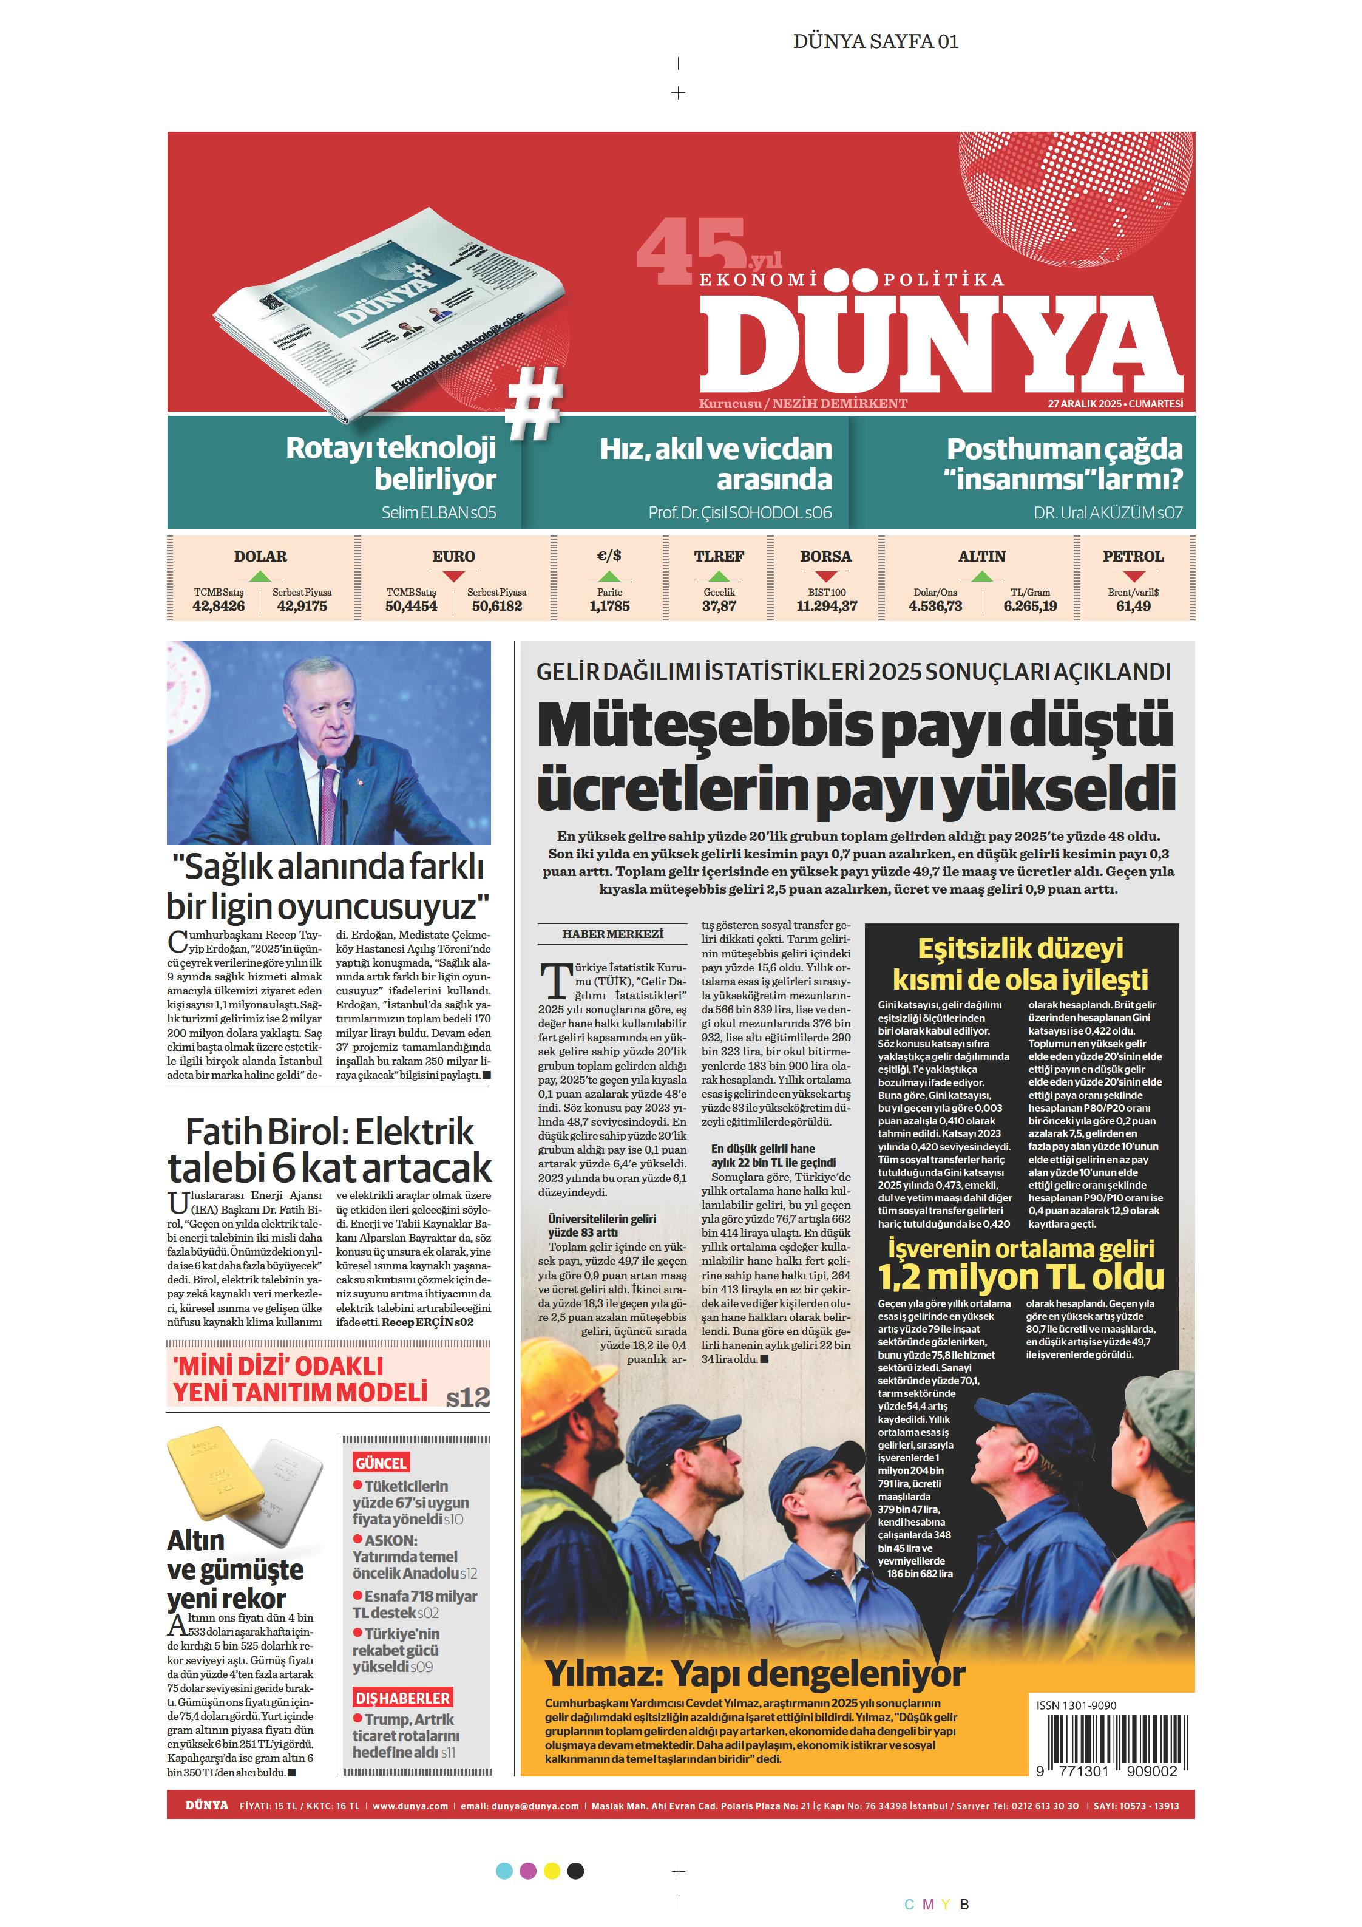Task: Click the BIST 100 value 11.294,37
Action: [x=827, y=606]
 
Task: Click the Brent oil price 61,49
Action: [x=1133, y=606]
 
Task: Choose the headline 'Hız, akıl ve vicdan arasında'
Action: [x=716, y=464]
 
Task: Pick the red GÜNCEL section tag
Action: [x=381, y=1463]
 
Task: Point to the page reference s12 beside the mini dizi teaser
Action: [x=467, y=1398]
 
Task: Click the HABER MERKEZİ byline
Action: [x=612, y=934]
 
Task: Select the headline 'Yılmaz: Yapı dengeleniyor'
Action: [x=755, y=1674]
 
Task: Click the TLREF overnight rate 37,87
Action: [x=719, y=606]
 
